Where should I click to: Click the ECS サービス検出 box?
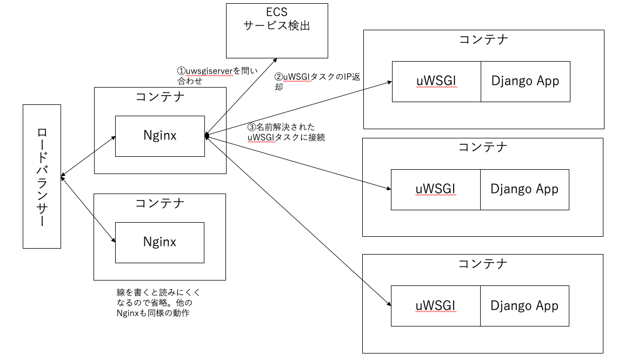tap(277, 30)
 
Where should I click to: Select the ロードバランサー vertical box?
tap(42, 177)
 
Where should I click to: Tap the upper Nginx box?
tap(160, 136)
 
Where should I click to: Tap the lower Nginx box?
tap(160, 242)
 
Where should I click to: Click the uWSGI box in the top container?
tap(436, 81)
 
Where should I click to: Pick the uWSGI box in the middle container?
tap(435, 189)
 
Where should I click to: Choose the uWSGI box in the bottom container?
tap(435, 306)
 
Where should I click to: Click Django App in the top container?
tap(525, 81)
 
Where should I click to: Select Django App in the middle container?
tap(524, 189)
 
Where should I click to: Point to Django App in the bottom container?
tap(524, 306)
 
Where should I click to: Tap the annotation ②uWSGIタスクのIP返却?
tap(317, 82)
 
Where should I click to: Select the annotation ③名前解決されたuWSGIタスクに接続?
tap(286, 132)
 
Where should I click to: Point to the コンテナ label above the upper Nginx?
tap(160, 97)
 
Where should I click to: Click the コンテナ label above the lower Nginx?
tap(160, 203)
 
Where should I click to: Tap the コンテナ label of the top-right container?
tap(483, 39)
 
